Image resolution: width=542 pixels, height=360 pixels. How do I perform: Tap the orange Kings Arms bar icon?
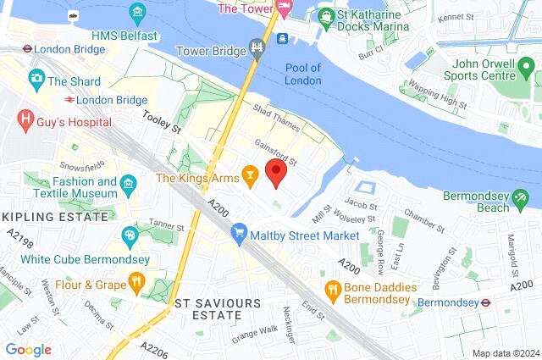tap(250, 175)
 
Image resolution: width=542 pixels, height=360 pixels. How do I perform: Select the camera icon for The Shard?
tap(36, 79)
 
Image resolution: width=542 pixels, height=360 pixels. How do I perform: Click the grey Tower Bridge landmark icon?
tap(257, 47)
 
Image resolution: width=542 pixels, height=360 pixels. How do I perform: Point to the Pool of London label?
tap(302, 75)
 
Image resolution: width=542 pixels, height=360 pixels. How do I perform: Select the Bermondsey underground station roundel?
tap(486, 302)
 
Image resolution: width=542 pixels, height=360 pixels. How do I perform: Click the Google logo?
tap(28, 350)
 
